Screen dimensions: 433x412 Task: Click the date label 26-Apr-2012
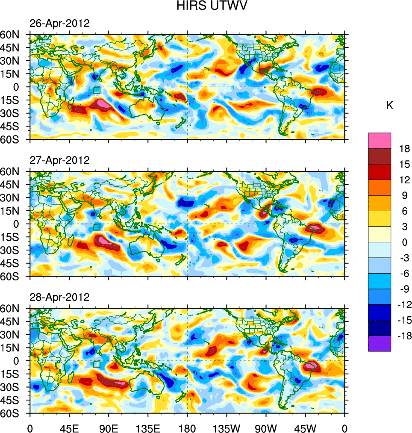pos(59,24)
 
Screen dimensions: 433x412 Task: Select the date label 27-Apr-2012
pos(59,160)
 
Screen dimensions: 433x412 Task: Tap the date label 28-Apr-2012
pos(59,297)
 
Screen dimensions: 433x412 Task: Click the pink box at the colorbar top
pos(379,140)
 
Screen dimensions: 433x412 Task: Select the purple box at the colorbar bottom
pos(379,343)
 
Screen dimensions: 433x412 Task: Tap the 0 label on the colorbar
pos(404,242)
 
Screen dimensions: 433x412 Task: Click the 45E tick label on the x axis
pos(69,427)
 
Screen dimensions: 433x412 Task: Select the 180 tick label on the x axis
pos(187,427)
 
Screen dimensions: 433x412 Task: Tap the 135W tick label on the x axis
pos(226,427)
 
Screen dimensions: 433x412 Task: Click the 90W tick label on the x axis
pos(266,427)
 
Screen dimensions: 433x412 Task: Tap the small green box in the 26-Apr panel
pos(97,90)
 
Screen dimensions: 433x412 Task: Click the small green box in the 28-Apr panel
pos(97,364)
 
